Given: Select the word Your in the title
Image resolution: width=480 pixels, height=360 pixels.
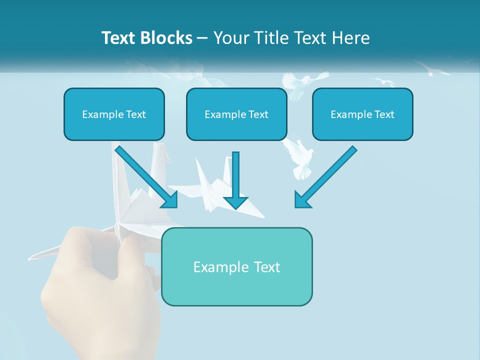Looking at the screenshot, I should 231,38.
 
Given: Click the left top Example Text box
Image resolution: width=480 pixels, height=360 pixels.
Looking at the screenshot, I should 114,114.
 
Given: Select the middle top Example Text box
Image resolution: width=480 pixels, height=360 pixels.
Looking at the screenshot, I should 236,114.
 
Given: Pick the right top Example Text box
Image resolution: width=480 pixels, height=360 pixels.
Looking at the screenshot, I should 362,114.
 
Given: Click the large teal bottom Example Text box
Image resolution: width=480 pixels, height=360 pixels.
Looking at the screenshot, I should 236,266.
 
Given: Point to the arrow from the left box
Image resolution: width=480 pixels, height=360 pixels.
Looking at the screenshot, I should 145,175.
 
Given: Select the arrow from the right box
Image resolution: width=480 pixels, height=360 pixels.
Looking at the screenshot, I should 327,175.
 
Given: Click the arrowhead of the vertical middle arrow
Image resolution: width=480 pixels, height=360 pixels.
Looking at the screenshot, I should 236,201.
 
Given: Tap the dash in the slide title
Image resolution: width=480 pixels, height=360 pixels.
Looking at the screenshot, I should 202,38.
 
